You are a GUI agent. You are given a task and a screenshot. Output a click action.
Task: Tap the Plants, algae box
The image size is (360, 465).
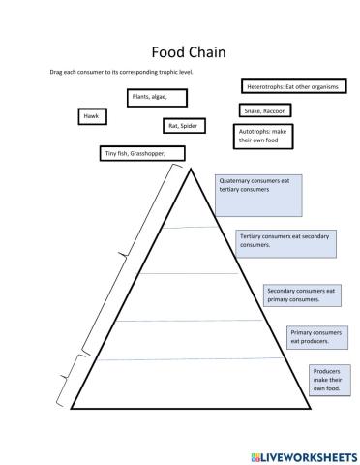pyautogui.click(x=156, y=97)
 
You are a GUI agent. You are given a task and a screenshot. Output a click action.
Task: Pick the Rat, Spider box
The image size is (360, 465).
pyautogui.click(x=184, y=126)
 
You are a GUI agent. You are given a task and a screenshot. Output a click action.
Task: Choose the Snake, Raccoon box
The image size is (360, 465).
pyautogui.click(x=265, y=111)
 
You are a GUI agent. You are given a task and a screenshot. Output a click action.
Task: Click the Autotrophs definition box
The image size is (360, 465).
pyautogui.click(x=263, y=136)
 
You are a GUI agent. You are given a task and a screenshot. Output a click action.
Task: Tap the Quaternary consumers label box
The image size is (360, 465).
pyautogui.click(x=258, y=195)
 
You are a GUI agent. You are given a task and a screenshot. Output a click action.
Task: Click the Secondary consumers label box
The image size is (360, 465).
pyautogui.click(x=301, y=294)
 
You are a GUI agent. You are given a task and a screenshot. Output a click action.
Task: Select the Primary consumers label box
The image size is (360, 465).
pyautogui.click(x=315, y=337)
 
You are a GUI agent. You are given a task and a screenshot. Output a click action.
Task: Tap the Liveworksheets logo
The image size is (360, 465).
pyautogui.click(x=304, y=454)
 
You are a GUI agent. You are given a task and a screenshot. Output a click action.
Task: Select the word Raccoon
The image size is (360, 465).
pyautogui.click(x=275, y=111)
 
